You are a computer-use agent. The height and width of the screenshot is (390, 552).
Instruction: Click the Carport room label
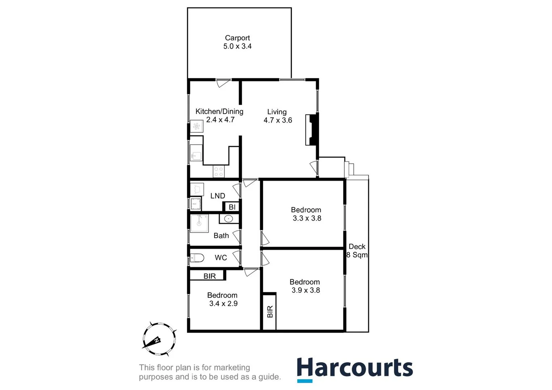237,38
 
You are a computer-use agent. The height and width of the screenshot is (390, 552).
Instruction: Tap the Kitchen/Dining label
219,112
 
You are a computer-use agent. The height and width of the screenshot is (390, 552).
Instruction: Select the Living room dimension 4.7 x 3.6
278,120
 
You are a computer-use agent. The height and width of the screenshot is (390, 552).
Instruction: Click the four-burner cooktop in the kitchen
218,172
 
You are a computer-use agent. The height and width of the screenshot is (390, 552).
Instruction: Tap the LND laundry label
218,196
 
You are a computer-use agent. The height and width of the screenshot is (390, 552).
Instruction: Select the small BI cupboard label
232,207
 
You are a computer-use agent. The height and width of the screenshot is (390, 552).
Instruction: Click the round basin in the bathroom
228,218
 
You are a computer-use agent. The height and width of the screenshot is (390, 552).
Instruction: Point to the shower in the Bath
199,223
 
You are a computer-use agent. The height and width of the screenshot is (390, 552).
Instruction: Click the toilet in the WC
197,258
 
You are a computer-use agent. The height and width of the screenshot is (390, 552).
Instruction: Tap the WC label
221,257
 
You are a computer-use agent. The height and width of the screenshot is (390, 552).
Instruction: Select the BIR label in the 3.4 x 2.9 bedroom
210,276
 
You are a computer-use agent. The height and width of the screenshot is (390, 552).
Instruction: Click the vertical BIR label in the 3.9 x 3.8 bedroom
270,311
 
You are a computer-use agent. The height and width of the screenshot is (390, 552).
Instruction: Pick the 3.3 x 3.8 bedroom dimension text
307,218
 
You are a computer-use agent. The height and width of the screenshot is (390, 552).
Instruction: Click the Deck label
357,247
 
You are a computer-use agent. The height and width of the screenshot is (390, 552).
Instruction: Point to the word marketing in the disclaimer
232,368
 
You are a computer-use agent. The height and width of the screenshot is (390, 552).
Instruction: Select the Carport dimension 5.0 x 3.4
237,46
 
